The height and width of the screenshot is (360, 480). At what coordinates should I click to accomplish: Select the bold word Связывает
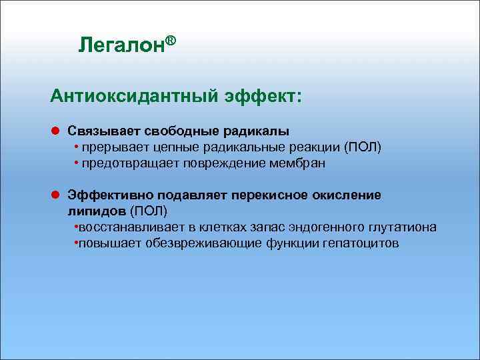point(95,132)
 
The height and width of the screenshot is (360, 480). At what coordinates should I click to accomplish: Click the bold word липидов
point(96,211)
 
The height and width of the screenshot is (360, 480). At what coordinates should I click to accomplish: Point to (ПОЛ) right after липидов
point(149,211)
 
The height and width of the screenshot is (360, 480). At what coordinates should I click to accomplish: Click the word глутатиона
point(408,227)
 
